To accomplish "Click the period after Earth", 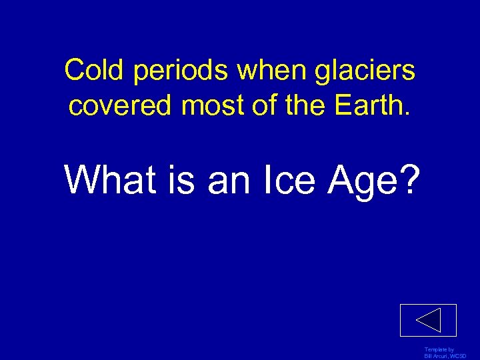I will click(x=407, y=114).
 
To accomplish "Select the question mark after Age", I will click(x=409, y=180).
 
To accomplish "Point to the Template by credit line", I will click(x=439, y=350).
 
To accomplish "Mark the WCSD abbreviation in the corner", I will click(x=459, y=356).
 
